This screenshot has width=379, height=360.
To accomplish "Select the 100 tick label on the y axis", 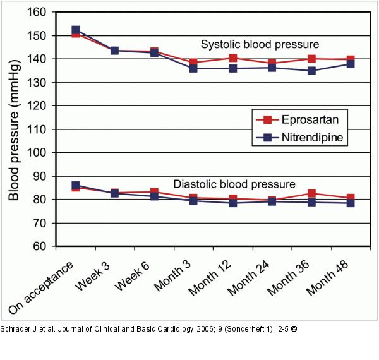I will click(40, 153).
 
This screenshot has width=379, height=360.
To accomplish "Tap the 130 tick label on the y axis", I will click(40, 83).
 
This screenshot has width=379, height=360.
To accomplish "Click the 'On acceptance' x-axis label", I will click(42, 284).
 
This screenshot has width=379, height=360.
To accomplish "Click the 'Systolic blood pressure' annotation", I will click(260, 45).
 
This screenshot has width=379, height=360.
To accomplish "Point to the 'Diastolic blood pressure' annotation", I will click(234, 184).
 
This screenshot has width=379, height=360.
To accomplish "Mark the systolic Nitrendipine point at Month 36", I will click(311, 71).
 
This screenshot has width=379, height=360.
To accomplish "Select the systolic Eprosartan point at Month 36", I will click(311, 59).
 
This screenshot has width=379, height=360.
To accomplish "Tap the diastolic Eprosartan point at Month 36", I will click(311, 194).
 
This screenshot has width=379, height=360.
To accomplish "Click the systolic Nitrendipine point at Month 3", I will click(193, 68).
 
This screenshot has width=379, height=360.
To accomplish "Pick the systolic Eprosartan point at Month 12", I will click(233, 58).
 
